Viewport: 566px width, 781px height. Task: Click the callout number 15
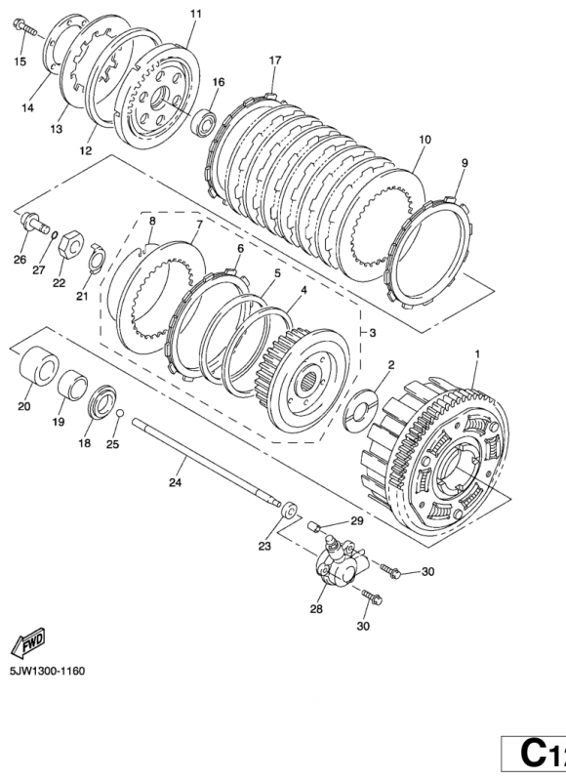20,62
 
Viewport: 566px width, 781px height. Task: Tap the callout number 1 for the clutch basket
476,352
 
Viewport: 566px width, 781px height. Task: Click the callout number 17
274,61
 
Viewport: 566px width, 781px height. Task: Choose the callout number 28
315,608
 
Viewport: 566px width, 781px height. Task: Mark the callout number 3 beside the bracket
373,333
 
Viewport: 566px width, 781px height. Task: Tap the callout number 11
195,14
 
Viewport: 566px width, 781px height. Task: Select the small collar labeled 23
290,511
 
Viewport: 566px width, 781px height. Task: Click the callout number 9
465,162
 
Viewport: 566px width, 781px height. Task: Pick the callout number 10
424,141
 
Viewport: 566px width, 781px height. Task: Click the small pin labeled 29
313,529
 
